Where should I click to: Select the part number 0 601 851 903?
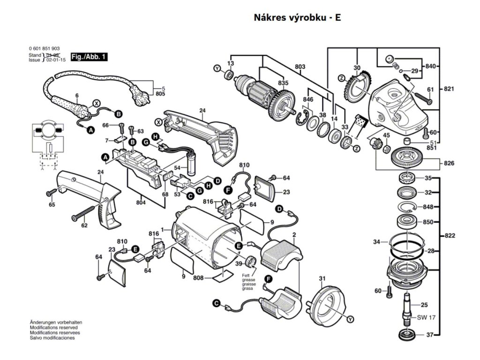pyautogui.click(x=44, y=49)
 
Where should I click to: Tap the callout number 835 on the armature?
pyautogui.click(x=283, y=83)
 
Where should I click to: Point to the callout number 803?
pyautogui.click(x=300, y=67)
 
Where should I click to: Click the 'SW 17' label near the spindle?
pyautogui.click(x=427, y=317)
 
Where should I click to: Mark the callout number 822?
pyautogui.click(x=450, y=236)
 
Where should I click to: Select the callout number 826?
pyautogui.click(x=450, y=163)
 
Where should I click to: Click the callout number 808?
pyautogui.click(x=198, y=278)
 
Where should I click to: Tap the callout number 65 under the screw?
pyautogui.click(x=52, y=205)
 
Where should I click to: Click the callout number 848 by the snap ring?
pyautogui.click(x=427, y=207)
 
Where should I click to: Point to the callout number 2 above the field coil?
pyautogui.click(x=294, y=234)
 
